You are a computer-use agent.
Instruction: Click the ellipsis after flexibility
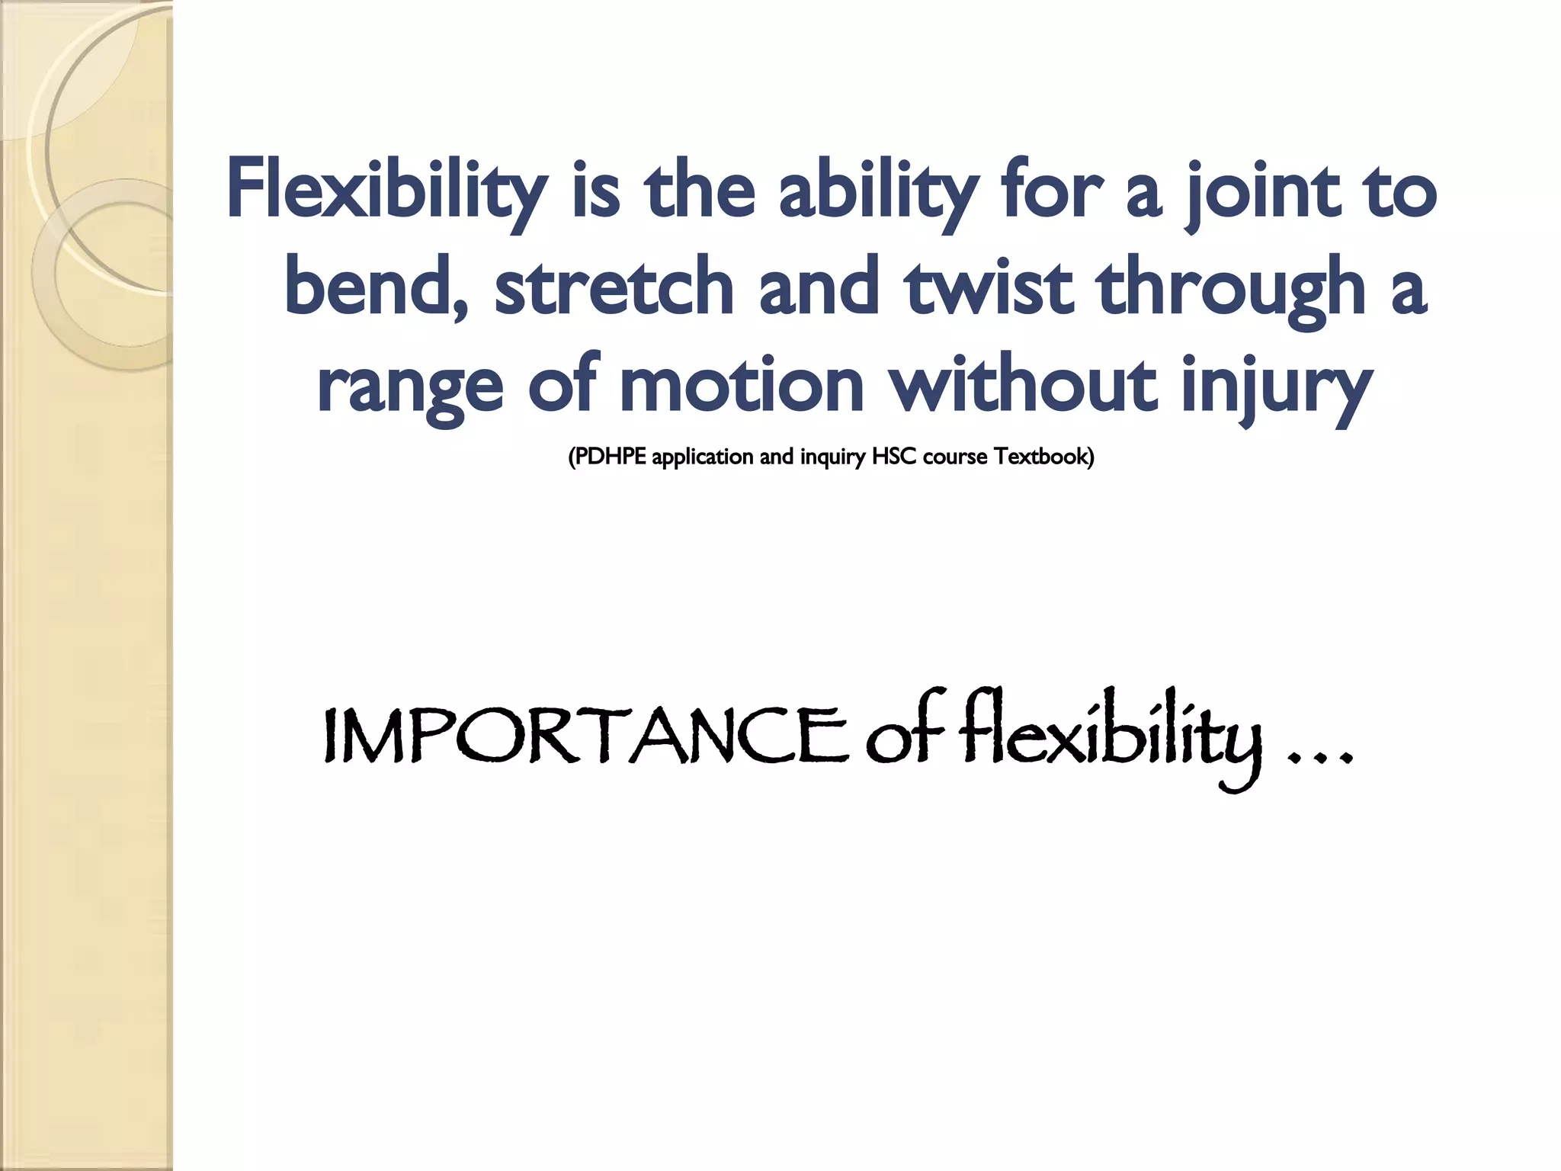(1319, 758)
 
